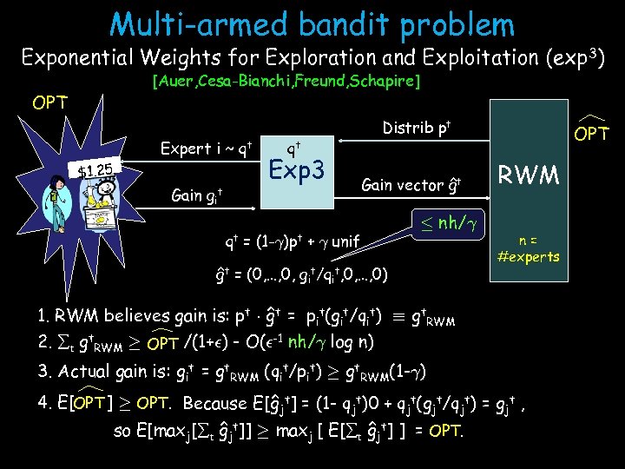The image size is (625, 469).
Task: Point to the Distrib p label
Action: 415,129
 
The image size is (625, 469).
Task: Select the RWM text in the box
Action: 531,176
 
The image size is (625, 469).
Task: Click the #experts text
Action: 529,256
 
